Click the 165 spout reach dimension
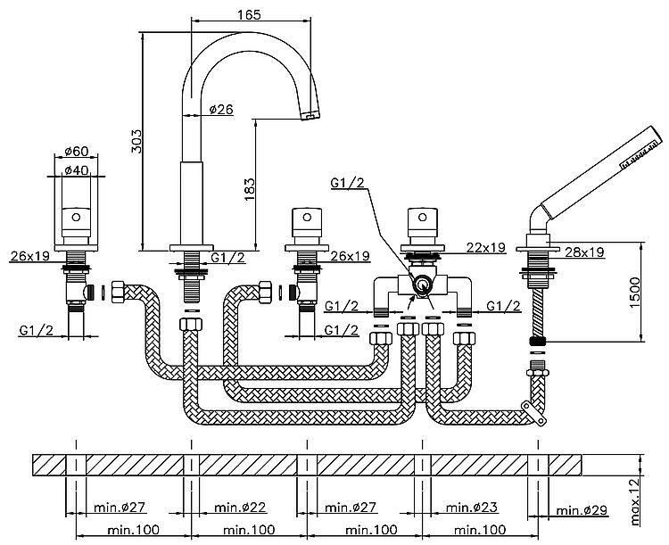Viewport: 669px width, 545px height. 249,14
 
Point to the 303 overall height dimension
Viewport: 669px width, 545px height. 136,141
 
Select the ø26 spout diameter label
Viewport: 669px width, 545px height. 221,109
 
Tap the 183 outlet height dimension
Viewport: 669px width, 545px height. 249,189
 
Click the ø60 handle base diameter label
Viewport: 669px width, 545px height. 76,151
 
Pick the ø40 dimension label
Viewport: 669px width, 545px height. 76,170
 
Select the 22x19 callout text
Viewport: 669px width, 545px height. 486,247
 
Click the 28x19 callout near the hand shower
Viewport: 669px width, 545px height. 584,252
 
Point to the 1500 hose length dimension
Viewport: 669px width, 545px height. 635,293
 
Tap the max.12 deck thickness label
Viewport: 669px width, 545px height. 635,501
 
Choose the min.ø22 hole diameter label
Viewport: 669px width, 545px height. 240,507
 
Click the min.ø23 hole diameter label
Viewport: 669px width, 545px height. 472,507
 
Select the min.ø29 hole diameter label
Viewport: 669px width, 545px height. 582,510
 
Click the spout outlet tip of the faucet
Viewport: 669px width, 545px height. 310,115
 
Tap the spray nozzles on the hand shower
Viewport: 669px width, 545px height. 638,155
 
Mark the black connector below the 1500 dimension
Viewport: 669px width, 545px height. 538,341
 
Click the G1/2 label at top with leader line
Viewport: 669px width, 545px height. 348,183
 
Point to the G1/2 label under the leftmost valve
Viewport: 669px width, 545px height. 37,330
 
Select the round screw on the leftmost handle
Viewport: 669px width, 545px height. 76,217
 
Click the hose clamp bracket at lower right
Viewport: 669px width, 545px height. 534,413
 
